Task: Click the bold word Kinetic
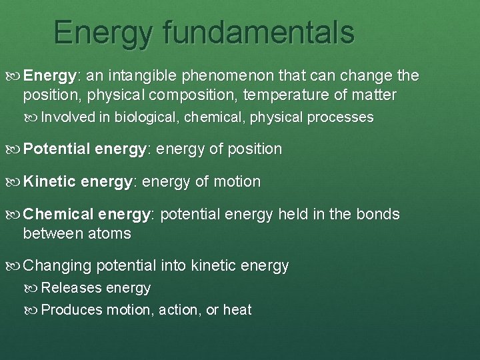point(49,181)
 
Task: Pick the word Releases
point(71,288)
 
